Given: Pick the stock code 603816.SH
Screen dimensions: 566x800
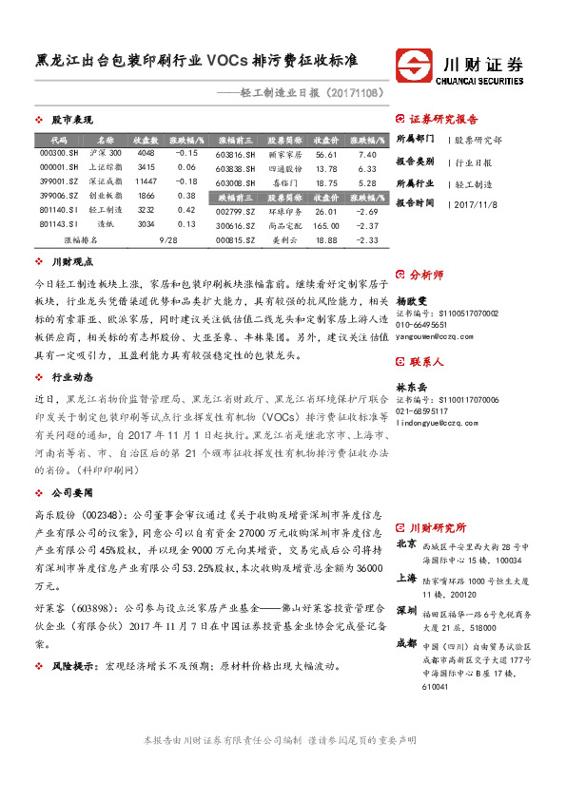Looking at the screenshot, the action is tap(234, 154).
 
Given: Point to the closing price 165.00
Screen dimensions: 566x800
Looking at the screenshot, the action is tap(326, 226).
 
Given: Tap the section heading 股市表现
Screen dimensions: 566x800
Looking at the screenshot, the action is tap(71, 121).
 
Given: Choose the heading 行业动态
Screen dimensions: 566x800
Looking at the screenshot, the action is tap(71, 377).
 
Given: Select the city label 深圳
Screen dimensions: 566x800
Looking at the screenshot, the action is tap(405, 609).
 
